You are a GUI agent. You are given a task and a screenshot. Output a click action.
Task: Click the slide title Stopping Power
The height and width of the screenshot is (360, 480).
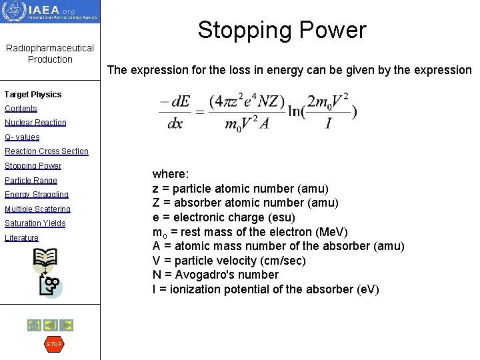point(281,30)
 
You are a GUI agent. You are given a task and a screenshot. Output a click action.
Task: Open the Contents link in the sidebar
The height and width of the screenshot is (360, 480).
point(21,109)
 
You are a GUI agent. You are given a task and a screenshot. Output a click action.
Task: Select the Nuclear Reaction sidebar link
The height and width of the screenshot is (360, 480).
point(35,123)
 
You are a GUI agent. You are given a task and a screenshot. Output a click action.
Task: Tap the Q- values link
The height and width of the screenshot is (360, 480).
point(22,137)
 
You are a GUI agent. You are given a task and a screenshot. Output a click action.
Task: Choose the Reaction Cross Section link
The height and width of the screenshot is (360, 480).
point(46,151)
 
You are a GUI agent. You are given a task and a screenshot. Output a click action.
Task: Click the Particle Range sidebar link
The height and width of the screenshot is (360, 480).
point(31,181)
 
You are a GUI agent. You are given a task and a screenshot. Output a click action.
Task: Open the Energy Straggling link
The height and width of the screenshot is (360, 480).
point(36,195)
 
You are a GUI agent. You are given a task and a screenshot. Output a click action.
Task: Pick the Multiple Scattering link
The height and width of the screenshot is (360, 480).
point(37,209)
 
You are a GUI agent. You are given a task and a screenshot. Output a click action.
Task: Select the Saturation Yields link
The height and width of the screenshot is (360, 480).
point(35,223)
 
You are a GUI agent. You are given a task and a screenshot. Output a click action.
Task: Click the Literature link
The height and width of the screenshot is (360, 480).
point(21,238)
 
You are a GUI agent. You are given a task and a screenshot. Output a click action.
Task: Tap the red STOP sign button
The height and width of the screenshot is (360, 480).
point(53,344)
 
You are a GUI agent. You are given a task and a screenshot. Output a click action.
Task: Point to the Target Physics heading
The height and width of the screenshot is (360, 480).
point(33,95)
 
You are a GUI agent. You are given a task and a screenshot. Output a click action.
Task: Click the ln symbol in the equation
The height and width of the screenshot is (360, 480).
point(296,111)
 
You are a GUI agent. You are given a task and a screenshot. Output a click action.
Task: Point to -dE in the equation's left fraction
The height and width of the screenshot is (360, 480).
point(175,103)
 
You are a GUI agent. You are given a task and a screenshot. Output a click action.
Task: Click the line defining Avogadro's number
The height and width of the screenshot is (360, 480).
point(215,275)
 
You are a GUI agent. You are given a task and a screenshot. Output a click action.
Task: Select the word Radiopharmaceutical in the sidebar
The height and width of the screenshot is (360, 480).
point(50,49)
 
